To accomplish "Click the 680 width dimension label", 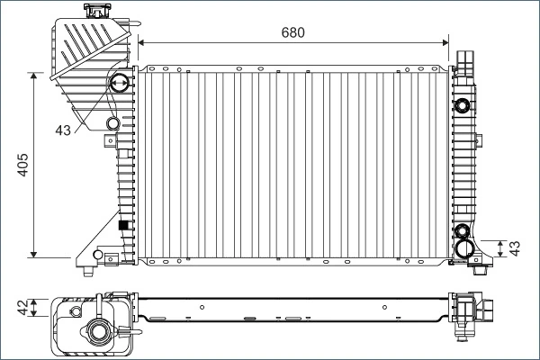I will [x=293, y=32].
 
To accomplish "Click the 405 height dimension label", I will [x=24, y=165].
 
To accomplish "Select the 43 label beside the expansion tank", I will [x=62, y=131].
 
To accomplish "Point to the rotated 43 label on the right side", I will [x=516, y=247].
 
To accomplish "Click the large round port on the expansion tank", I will [x=117, y=86].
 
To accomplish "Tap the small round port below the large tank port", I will [x=112, y=123].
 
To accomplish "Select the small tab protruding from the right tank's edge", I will [x=479, y=139].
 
